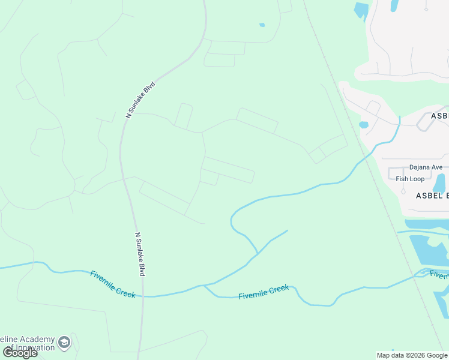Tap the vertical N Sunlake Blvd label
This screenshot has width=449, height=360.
[x=140, y=254]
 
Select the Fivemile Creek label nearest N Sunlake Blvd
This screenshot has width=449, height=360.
[x=113, y=283]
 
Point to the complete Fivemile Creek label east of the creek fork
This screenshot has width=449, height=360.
[x=264, y=292]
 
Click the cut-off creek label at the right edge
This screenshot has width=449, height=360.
[x=439, y=275]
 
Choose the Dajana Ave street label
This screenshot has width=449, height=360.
[x=426, y=167]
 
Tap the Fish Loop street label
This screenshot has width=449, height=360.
[x=410, y=179]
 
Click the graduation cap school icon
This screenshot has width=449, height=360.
[x=64, y=343]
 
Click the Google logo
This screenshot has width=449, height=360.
[x=20, y=353]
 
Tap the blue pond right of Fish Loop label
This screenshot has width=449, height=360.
[x=439, y=183]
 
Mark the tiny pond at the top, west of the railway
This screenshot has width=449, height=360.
[x=262, y=25]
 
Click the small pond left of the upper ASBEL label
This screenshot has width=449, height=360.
[x=364, y=125]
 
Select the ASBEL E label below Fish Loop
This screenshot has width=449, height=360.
[x=432, y=196]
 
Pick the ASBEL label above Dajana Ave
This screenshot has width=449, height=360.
[x=439, y=116]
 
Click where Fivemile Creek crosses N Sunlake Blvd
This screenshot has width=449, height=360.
[x=143, y=296]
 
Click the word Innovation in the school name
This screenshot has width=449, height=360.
[x=30, y=349]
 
